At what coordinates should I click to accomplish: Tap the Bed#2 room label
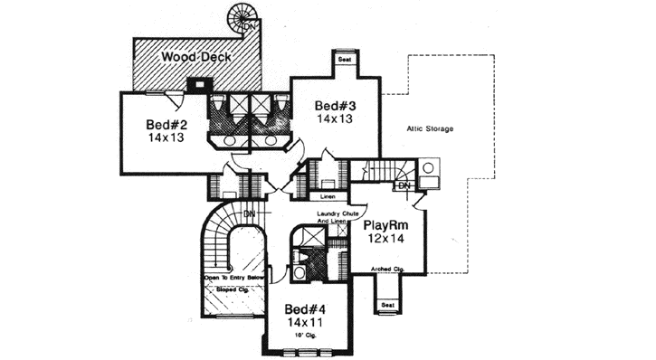pos(166,124)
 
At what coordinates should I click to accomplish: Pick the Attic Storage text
pos(430,129)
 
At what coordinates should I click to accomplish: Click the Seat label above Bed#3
pos(344,60)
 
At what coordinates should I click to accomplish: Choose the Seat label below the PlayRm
pos(387,306)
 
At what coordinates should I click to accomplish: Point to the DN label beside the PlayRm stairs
pos(404,186)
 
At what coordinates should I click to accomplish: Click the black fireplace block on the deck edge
pos(195,85)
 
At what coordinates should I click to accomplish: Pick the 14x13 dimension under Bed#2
pos(166,138)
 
